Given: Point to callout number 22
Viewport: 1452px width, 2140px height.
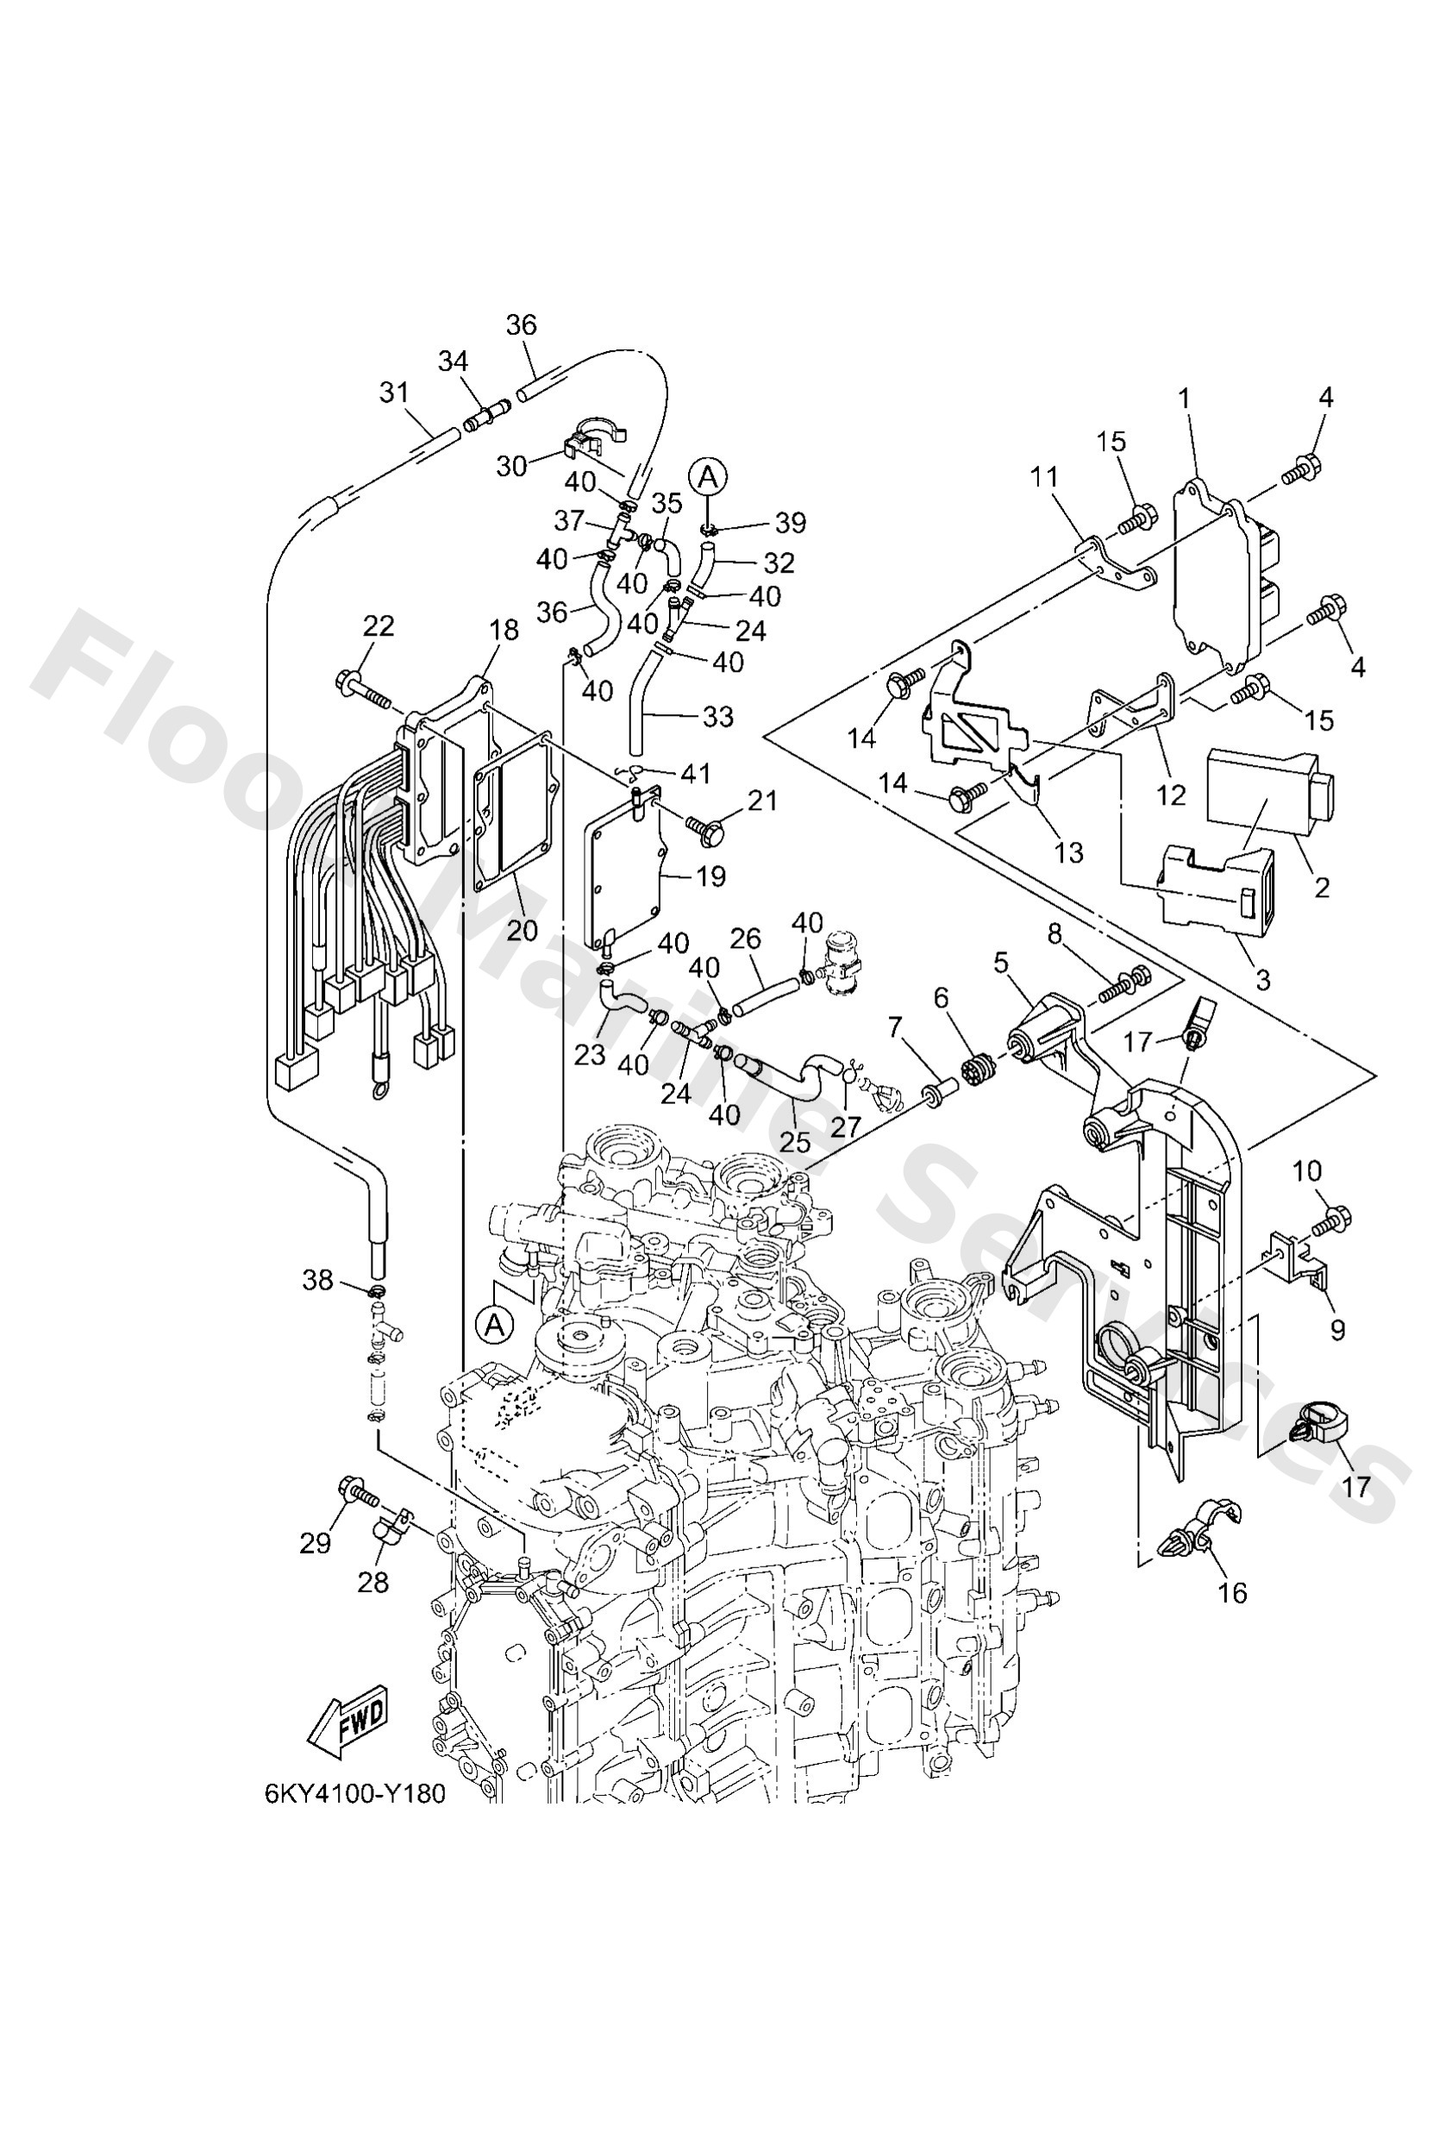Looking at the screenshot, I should [x=378, y=626].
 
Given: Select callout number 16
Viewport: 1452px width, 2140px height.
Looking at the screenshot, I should [x=1232, y=1592].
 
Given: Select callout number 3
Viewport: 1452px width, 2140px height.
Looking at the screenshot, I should [x=1262, y=981].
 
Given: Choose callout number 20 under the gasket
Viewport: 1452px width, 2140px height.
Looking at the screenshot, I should [x=522, y=930].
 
